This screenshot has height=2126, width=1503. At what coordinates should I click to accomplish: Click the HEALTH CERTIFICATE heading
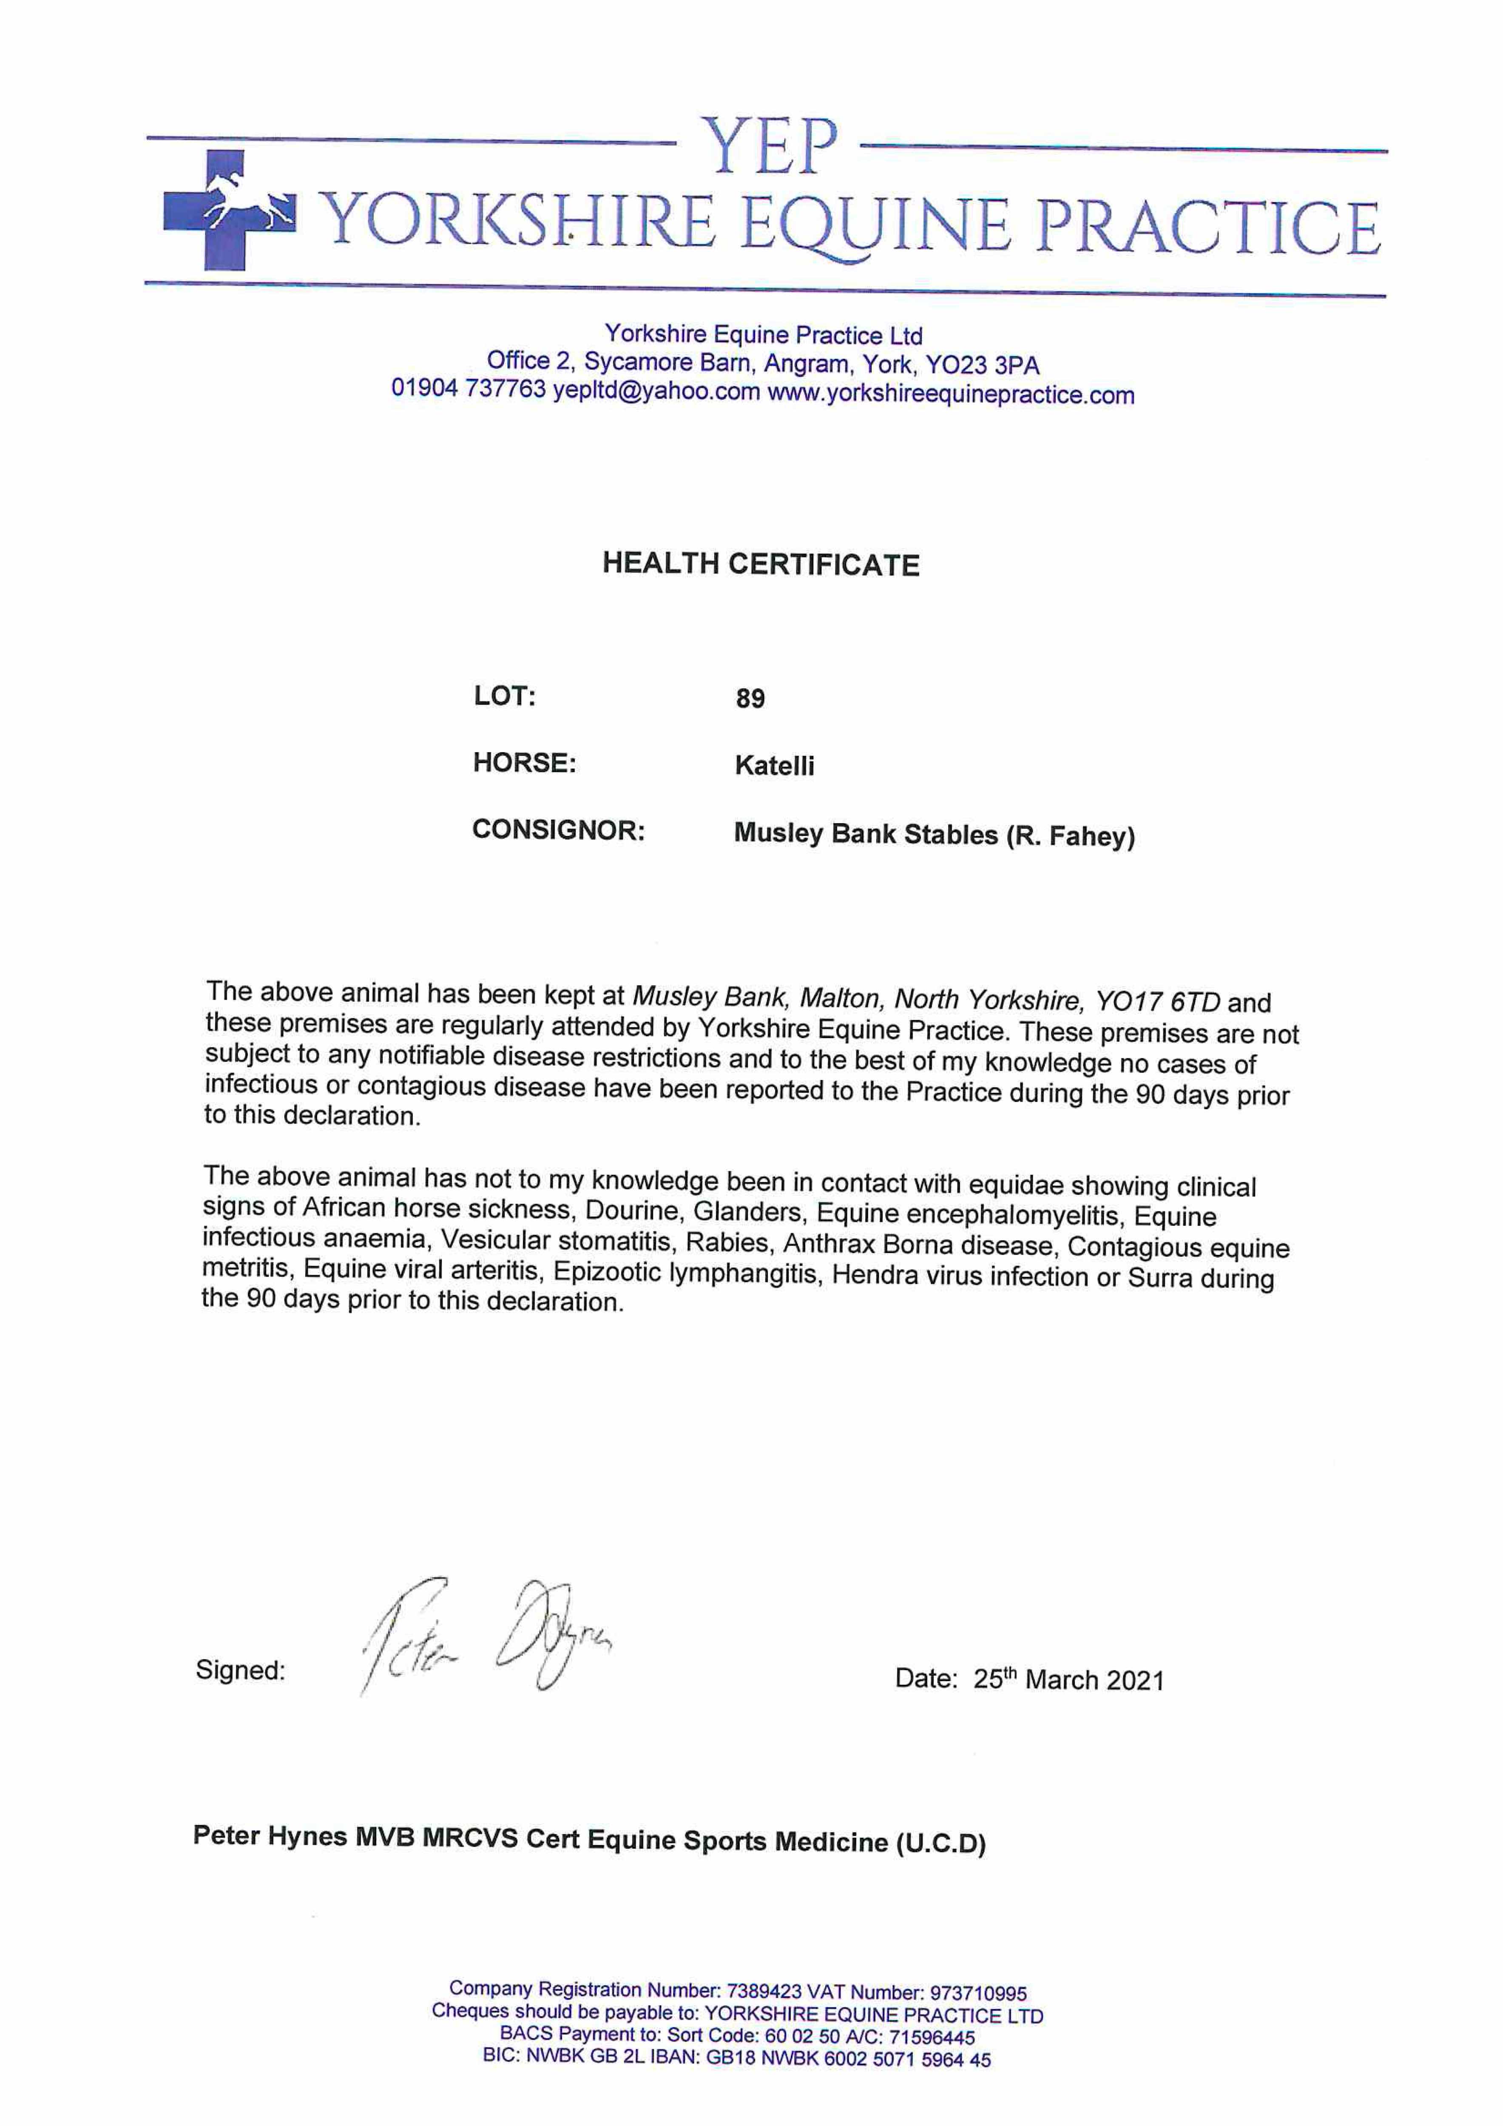click(x=760, y=564)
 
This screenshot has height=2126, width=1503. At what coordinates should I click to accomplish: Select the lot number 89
click(x=750, y=698)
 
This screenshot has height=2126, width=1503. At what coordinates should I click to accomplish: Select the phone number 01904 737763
click(x=469, y=388)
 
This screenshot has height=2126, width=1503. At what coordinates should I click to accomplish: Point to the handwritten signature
click(x=486, y=1637)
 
